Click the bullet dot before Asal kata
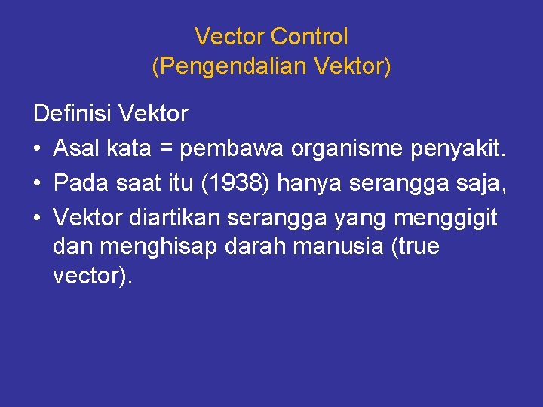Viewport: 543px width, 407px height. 38,150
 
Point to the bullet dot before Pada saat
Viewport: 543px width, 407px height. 38,184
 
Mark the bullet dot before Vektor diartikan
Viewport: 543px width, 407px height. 38,218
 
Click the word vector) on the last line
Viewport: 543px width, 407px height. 93,275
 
